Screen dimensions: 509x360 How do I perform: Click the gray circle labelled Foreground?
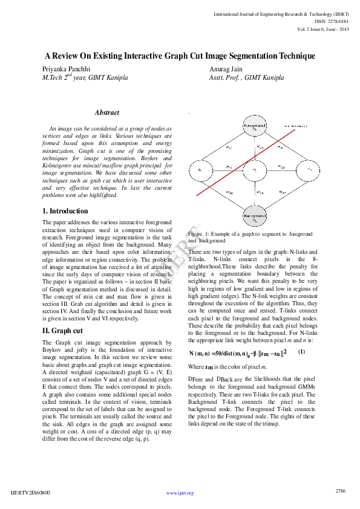click(255, 126)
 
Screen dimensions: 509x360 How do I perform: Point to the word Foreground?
click(255, 125)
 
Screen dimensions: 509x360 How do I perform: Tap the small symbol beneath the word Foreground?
click(255, 129)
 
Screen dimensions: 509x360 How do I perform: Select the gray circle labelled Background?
click(255, 216)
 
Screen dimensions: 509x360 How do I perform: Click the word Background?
click(255, 215)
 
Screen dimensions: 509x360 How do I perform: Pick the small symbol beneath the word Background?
click(255, 220)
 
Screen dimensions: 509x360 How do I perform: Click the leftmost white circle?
click(201, 171)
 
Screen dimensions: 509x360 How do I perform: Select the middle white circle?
click(255, 171)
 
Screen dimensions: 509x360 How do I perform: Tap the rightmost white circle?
click(308, 171)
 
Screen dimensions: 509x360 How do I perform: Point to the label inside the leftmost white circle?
click(201, 171)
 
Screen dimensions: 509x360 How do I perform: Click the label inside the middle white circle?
click(255, 171)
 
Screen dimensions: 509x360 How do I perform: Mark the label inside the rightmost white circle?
click(309, 171)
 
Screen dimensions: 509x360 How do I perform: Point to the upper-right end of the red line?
click(295, 129)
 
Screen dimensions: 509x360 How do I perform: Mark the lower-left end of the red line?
click(197, 195)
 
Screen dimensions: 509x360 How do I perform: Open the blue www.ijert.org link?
click(180, 493)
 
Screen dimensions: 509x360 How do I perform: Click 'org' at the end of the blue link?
click(190, 493)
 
